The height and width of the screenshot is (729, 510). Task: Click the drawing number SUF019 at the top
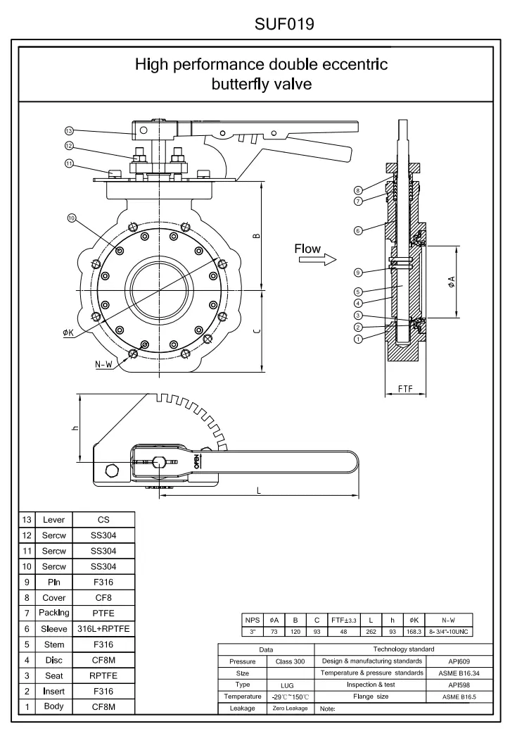tap(284, 25)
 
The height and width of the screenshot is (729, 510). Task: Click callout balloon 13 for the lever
tap(68, 130)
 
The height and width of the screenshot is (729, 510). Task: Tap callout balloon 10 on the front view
tap(72, 218)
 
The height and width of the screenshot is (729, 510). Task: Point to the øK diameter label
tap(69, 332)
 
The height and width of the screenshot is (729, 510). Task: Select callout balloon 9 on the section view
tap(358, 273)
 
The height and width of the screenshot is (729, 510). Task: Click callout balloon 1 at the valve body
tap(358, 338)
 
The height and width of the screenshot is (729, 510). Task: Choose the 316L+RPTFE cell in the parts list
tap(103, 629)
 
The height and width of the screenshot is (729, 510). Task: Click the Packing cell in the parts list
tap(53, 613)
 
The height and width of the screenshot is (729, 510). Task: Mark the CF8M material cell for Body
tap(103, 706)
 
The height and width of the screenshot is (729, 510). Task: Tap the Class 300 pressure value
tap(290, 661)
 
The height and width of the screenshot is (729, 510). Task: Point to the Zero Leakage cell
tap(290, 707)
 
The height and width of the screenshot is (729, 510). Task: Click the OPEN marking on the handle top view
tap(196, 461)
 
